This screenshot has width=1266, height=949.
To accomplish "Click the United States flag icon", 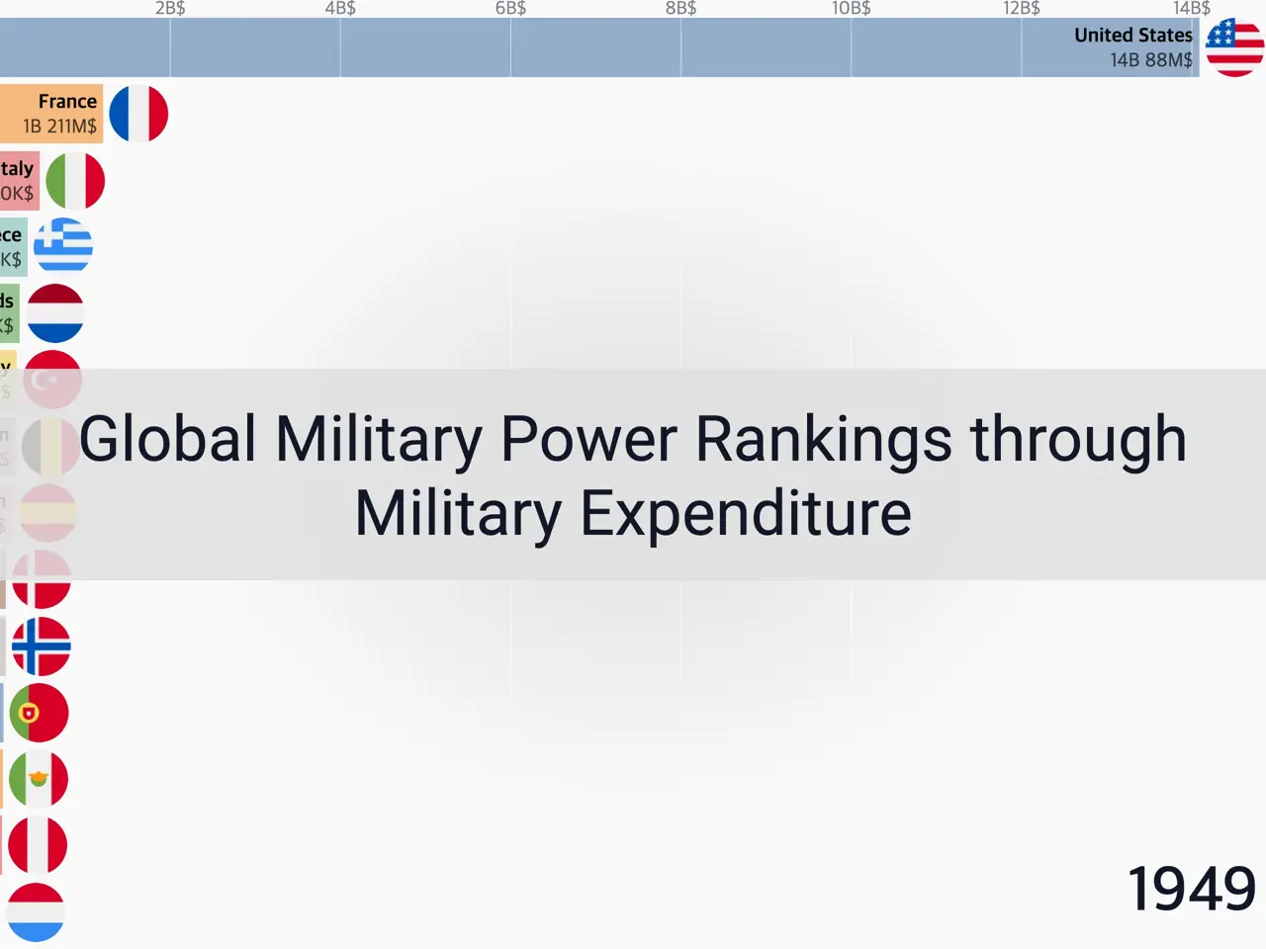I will point(1234,47).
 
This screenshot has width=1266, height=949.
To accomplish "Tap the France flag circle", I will point(138,114).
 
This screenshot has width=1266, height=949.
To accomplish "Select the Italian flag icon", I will point(75,181).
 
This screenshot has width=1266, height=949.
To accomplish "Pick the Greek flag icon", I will point(63,245).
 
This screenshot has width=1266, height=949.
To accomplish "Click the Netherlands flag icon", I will point(55,313).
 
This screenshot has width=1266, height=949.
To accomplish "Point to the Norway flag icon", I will point(41,647).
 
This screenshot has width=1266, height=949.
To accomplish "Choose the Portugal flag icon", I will point(39,713).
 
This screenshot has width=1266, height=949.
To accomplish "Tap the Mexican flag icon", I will point(39,779).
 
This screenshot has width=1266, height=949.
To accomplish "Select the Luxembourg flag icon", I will point(36,911).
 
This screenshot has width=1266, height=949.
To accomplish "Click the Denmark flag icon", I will point(42,580).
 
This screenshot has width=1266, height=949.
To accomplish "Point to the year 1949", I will point(1191,889).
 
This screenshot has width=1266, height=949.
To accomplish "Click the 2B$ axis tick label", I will point(170,9).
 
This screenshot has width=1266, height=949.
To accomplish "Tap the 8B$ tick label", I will point(680,9).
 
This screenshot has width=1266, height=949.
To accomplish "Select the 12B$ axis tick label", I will point(1022,9).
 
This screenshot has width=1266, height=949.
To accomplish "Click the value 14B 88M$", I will point(1151,60).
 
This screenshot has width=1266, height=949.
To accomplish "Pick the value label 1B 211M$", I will point(60,127).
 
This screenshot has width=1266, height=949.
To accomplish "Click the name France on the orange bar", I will point(67,101).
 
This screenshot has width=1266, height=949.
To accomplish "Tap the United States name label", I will point(1133,36).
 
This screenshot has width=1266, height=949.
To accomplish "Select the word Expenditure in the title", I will point(745,514).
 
